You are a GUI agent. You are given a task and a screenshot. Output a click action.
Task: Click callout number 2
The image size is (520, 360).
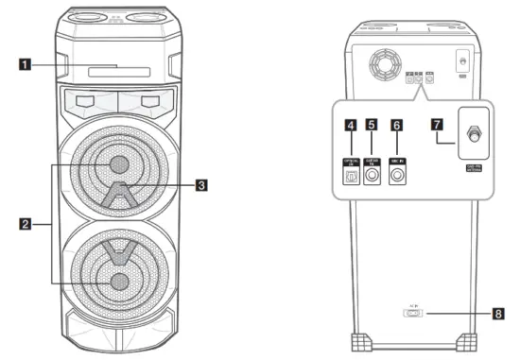pyautogui.click(x=28, y=223)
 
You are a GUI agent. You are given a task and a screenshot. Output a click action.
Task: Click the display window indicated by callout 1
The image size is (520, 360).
pyautogui.click(x=119, y=69)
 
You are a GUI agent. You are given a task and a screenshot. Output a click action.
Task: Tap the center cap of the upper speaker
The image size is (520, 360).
pyautogui.click(x=119, y=164)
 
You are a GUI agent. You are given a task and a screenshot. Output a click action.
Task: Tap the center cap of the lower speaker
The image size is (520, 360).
pyautogui.click(x=119, y=281)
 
